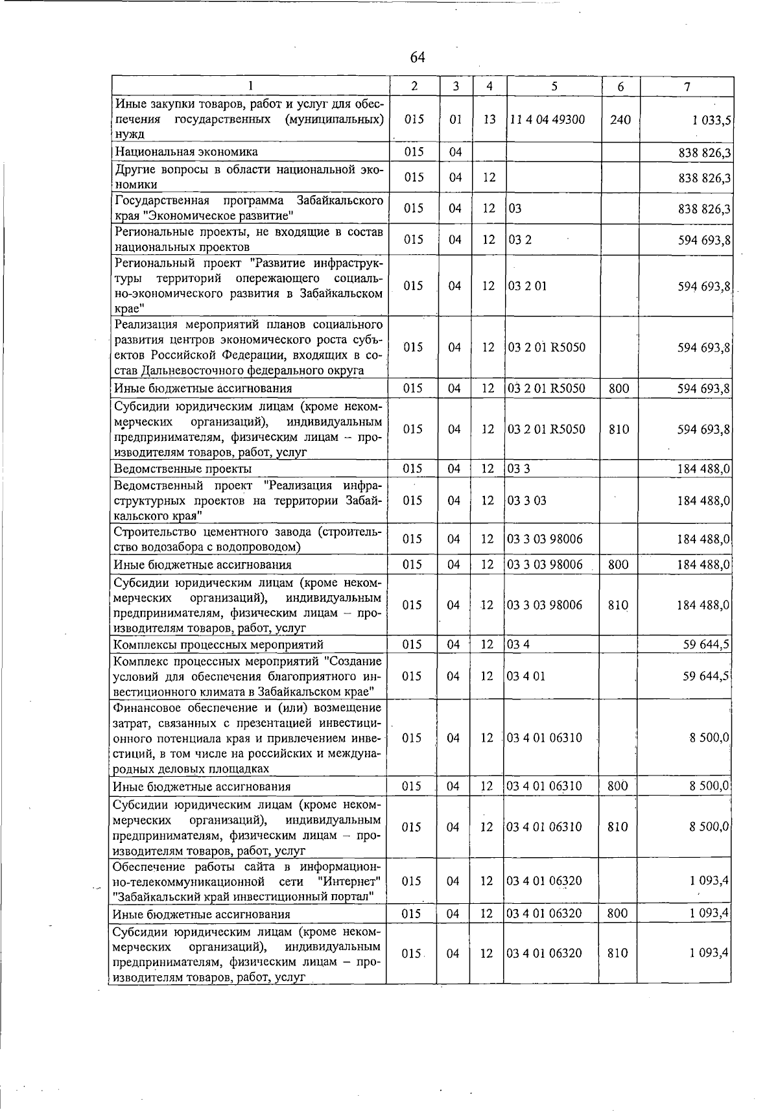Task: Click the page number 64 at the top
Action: point(417,58)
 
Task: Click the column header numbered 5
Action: point(554,86)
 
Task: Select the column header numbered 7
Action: point(687,86)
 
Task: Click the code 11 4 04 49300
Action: point(547,120)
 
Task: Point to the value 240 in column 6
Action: point(620,120)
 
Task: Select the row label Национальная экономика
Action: point(186,152)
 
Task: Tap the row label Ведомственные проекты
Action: point(183,469)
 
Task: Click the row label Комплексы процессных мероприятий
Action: point(218,645)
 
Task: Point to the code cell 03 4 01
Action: point(526,676)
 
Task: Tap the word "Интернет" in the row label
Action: point(349,881)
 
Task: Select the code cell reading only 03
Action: point(515,208)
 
